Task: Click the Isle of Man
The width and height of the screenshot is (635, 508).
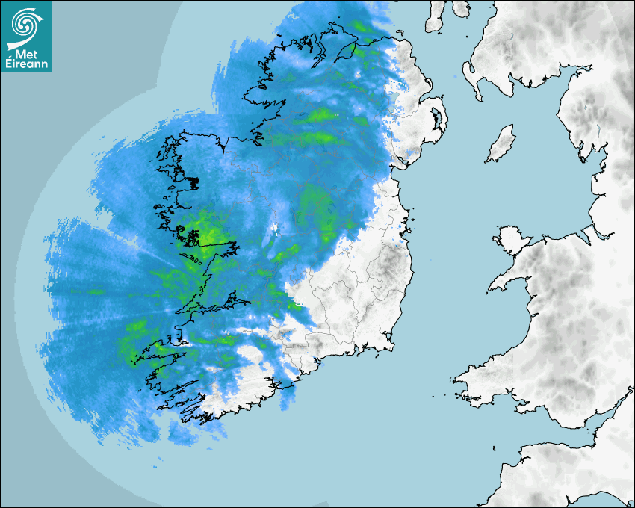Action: (x=501, y=144)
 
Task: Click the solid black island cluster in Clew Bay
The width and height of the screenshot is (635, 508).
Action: (x=193, y=182)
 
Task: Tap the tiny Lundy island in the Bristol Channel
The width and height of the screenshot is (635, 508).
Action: (x=495, y=448)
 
